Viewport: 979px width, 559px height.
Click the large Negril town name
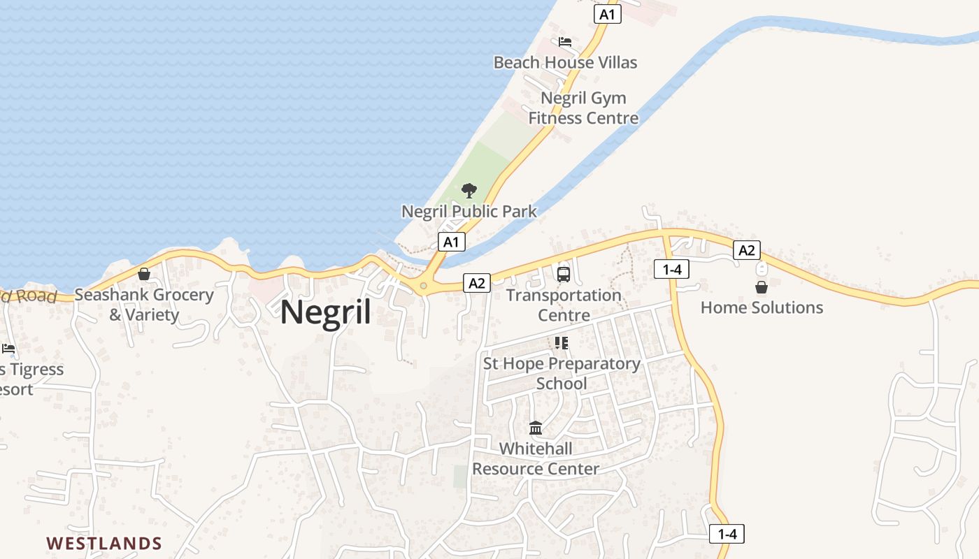click(x=326, y=312)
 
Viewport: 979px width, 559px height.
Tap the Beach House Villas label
click(x=565, y=62)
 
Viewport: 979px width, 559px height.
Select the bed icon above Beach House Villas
click(x=565, y=42)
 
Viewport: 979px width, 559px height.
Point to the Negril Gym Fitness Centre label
click(x=583, y=108)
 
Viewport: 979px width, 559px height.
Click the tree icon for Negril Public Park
click(x=469, y=190)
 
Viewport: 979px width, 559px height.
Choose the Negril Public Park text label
click(x=469, y=211)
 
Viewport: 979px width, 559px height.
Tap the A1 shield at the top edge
click(x=608, y=14)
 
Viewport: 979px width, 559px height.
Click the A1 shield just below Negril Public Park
click(x=452, y=242)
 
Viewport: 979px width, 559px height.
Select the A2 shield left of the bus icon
click(x=476, y=283)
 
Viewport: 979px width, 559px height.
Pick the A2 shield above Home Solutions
click(x=746, y=250)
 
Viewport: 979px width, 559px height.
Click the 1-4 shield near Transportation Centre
click(x=672, y=269)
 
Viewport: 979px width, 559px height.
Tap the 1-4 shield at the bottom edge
click(x=727, y=534)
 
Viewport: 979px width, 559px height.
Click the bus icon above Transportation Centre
click(x=564, y=275)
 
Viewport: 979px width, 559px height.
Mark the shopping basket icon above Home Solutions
click(x=762, y=286)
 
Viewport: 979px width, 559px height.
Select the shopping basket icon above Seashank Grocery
click(x=144, y=273)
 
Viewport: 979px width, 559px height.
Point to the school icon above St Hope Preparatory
click(x=561, y=342)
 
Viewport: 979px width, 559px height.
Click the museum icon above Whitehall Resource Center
click(x=536, y=428)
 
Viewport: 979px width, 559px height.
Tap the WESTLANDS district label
click(x=104, y=543)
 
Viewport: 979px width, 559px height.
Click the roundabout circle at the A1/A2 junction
click(x=423, y=286)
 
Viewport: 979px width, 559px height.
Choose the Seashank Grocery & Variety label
click(x=144, y=305)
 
